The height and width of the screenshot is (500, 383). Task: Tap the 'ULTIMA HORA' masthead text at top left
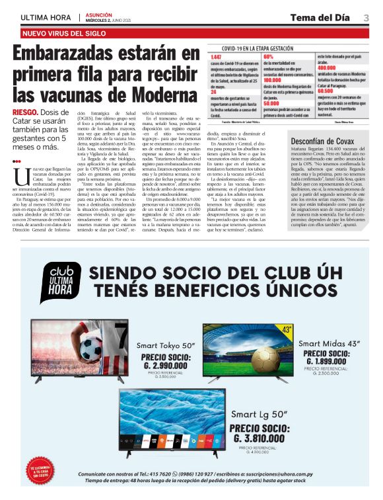46,17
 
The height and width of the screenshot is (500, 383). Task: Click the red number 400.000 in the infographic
327,67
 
